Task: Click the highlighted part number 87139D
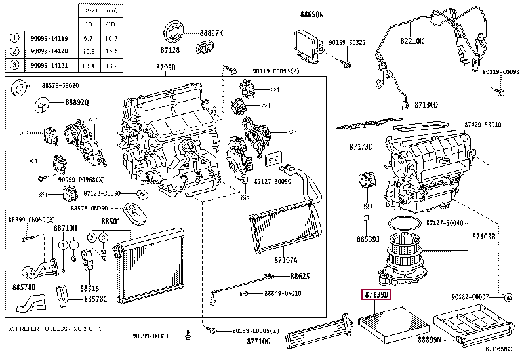click(x=377, y=296)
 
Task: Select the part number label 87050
click(x=165, y=68)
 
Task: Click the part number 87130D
click(x=426, y=105)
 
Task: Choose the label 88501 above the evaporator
click(x=111, y=222)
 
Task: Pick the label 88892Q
click(x=77, y=102)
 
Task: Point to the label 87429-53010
click(x=483, y=124)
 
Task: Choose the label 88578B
click(x=22, y=287)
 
